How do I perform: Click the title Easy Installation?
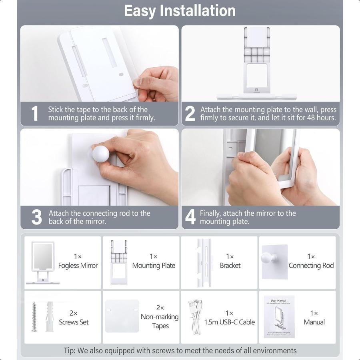180,11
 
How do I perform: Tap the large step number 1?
35,114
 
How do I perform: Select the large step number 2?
190,114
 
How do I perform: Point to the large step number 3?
36,217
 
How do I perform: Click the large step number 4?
190,217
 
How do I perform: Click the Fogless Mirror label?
78,266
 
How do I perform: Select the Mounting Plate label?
154,266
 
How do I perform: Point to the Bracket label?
230,266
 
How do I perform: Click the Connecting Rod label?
311,266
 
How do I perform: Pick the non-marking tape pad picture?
122,316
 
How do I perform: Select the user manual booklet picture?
279,316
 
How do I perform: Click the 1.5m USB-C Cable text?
230,322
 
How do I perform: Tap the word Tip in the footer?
69,351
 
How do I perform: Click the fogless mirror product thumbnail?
42,262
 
